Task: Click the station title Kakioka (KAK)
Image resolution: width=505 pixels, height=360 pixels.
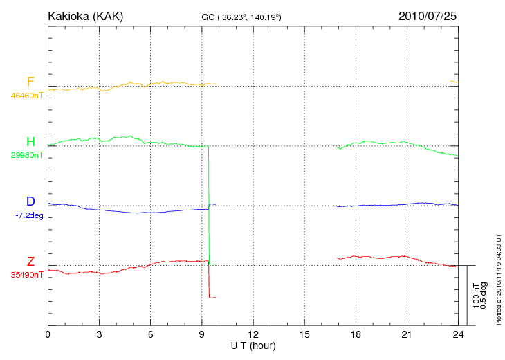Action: [85, 16]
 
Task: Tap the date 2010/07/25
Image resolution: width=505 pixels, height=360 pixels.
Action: [428, 16]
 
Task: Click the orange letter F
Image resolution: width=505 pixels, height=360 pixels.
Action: [30, 82]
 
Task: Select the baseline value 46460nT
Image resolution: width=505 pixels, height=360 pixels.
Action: [27, 96]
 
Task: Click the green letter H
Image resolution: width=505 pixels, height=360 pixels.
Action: [30, 142]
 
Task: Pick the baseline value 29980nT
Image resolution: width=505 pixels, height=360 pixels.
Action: [27, 155]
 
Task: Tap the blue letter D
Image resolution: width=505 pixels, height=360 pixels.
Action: [30, 201]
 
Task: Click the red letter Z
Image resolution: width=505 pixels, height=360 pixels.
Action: [30, 262]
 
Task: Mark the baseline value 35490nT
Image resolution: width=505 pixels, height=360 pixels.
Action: [27, 275]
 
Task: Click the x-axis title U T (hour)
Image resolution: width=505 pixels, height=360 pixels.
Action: [253, 345]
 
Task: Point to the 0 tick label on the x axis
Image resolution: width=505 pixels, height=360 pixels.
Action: [48, 335]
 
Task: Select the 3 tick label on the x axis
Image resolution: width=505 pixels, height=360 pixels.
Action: [99, 335]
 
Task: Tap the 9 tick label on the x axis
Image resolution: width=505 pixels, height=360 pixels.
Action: [202, 335]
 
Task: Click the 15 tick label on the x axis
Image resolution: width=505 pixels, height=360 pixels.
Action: [304, 335]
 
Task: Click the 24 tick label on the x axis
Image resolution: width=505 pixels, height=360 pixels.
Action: [458, 335]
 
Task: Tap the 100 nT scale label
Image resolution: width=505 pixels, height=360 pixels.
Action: [476, 296]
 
